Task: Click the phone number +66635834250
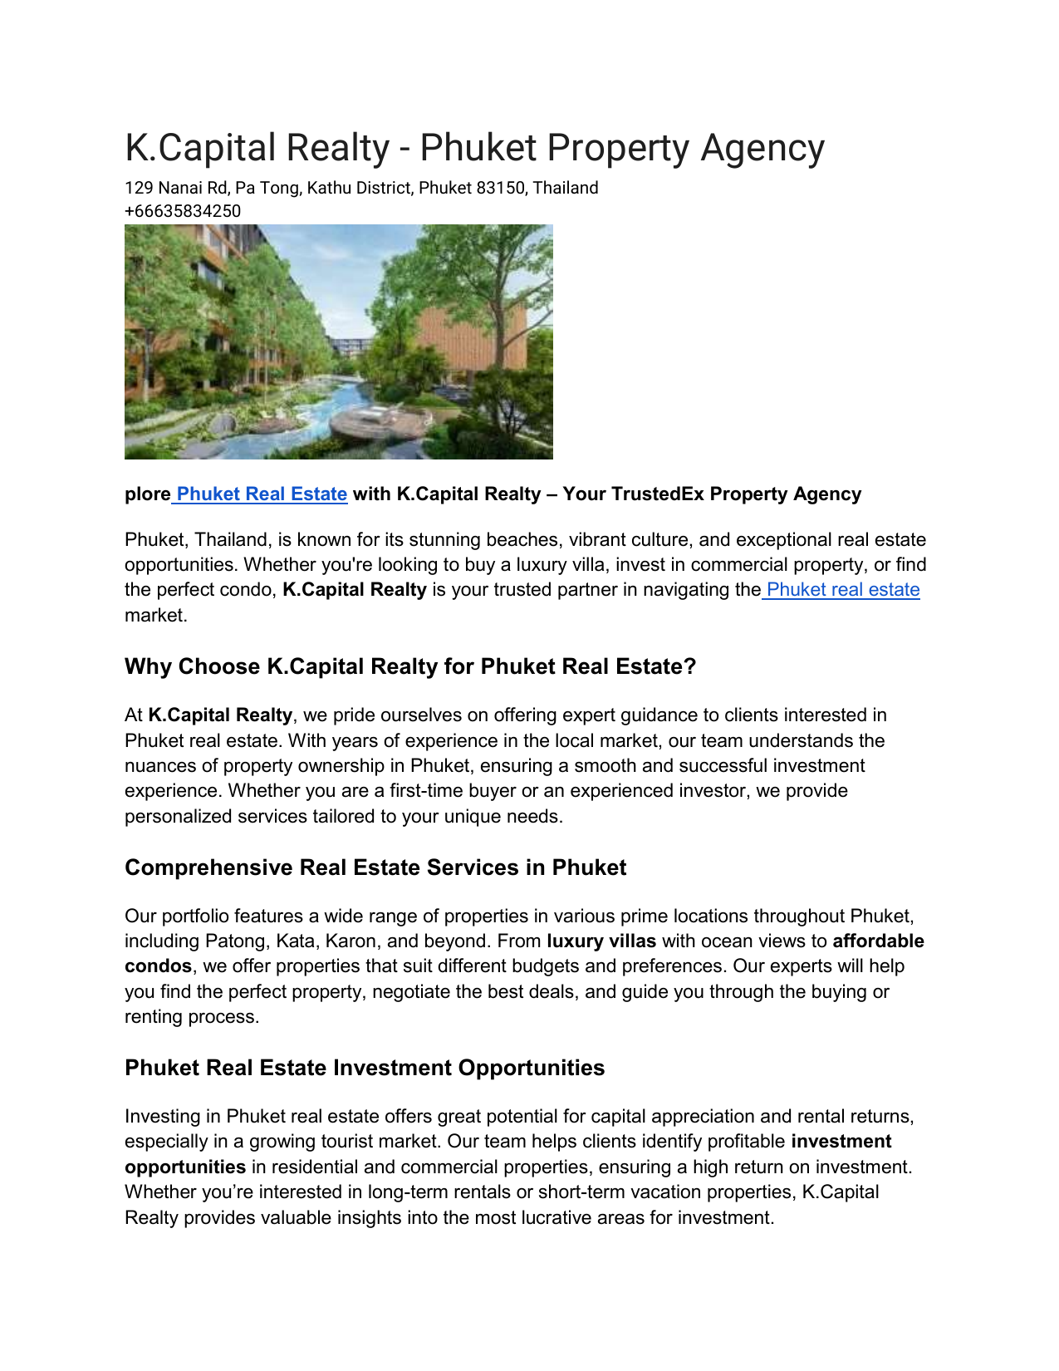click(183, 211)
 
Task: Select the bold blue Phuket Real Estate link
click(262, 494)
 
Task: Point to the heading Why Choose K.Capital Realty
click(409, 666)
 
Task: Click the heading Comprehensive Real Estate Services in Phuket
click(375, 867)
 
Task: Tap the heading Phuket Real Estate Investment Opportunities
click(365, 1068)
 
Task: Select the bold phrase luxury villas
click(601, 941)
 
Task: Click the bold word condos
click(158, 966)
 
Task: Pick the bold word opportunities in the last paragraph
click(185, 1167)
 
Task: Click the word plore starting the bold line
click(147, 494)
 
